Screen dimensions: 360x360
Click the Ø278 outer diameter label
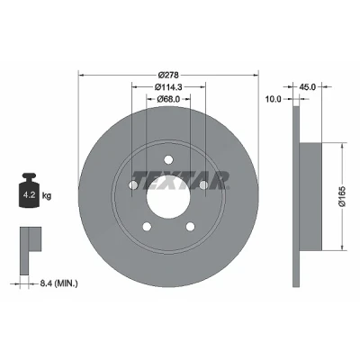(168, 75)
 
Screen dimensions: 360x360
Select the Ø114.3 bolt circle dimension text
(168, 87)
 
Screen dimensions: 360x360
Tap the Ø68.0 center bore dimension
(168, 99)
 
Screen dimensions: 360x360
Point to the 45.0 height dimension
(308, 87)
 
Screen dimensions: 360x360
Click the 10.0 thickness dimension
(274, 99)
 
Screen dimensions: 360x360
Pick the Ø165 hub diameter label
(343, 196)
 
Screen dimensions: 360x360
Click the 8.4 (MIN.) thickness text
(58, 283)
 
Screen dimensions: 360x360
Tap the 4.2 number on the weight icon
(30, 195)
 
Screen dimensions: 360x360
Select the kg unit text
(47, 196)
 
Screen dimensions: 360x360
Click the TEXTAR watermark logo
(182, 180)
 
